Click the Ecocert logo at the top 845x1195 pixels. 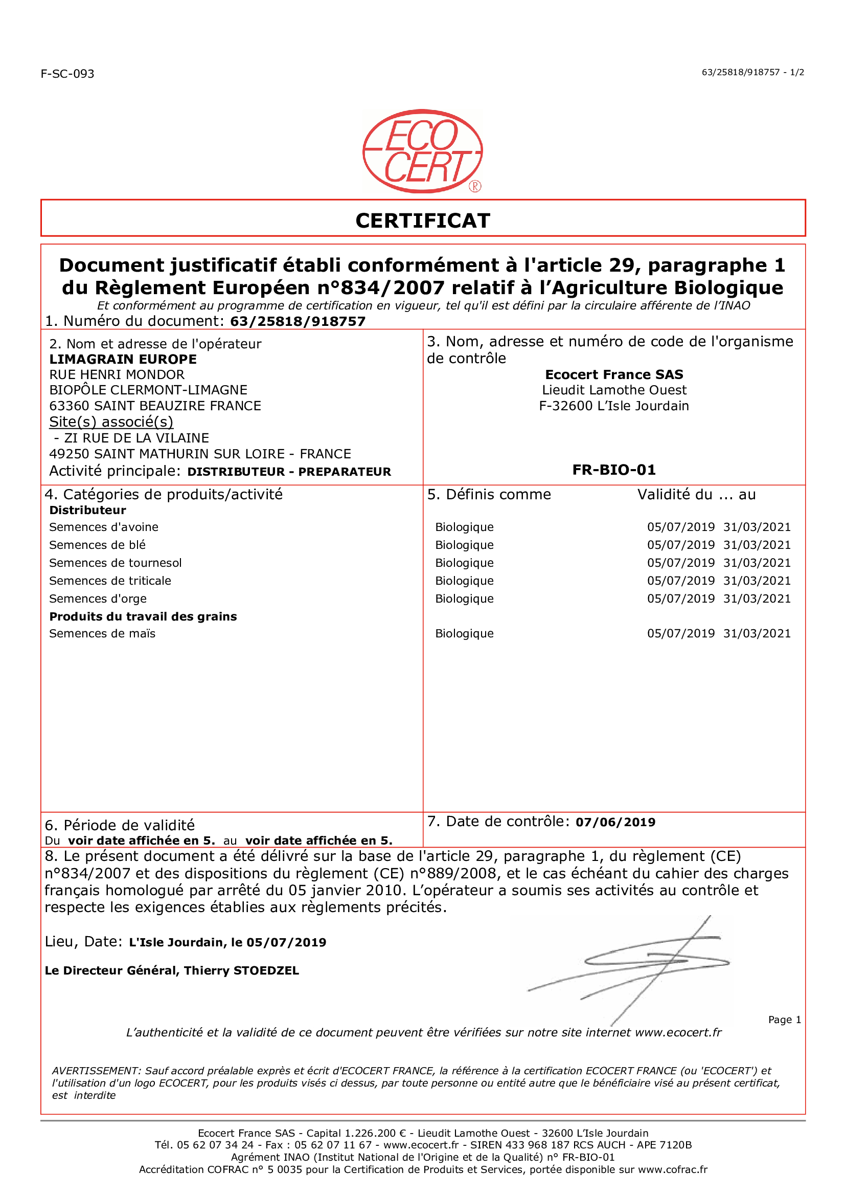[x=422, y=151]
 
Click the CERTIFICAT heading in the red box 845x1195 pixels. [x=422, y=221]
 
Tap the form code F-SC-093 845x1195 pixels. [x=67, y=74]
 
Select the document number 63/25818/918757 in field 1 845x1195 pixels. [x=298, y=321]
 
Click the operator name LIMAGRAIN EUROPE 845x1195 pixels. [x=123, y=359]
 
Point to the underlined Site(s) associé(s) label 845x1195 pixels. [x=111, y=422]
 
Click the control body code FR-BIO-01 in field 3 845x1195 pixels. [x=614, y=470]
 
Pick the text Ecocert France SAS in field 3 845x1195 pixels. [x=614, y=374]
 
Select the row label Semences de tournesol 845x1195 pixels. [x=116, y=563]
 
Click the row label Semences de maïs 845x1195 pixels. [x=103, y=633]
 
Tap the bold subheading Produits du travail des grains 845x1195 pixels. [x=143, y=616]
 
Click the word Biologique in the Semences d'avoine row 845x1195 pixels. [x=464, y=527]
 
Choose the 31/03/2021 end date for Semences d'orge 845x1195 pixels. [x=757, y=599]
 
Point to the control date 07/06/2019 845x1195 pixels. [x=615, y=822]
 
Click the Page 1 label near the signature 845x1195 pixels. [x=784, y=1020]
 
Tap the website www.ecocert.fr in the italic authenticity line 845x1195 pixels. [x=678, y=1033]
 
